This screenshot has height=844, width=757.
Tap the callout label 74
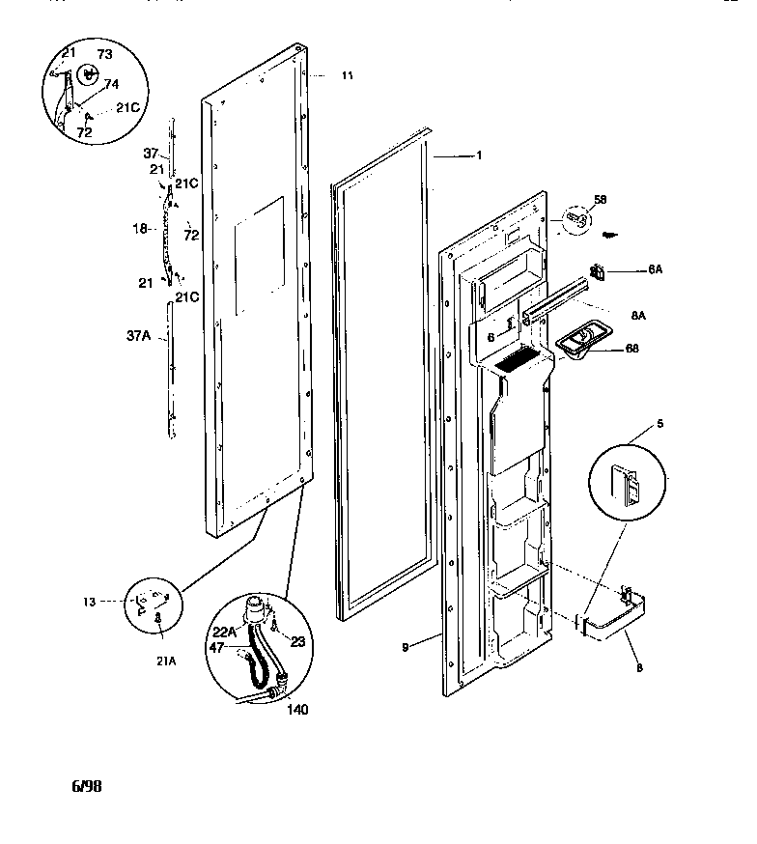tap(112, 85)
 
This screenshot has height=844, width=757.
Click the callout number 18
tap(139, 229)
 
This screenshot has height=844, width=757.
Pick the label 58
tap(627, 199)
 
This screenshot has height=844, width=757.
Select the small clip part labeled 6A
tap(597, 273)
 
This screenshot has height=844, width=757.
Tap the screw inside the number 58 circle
tap(575, 218)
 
